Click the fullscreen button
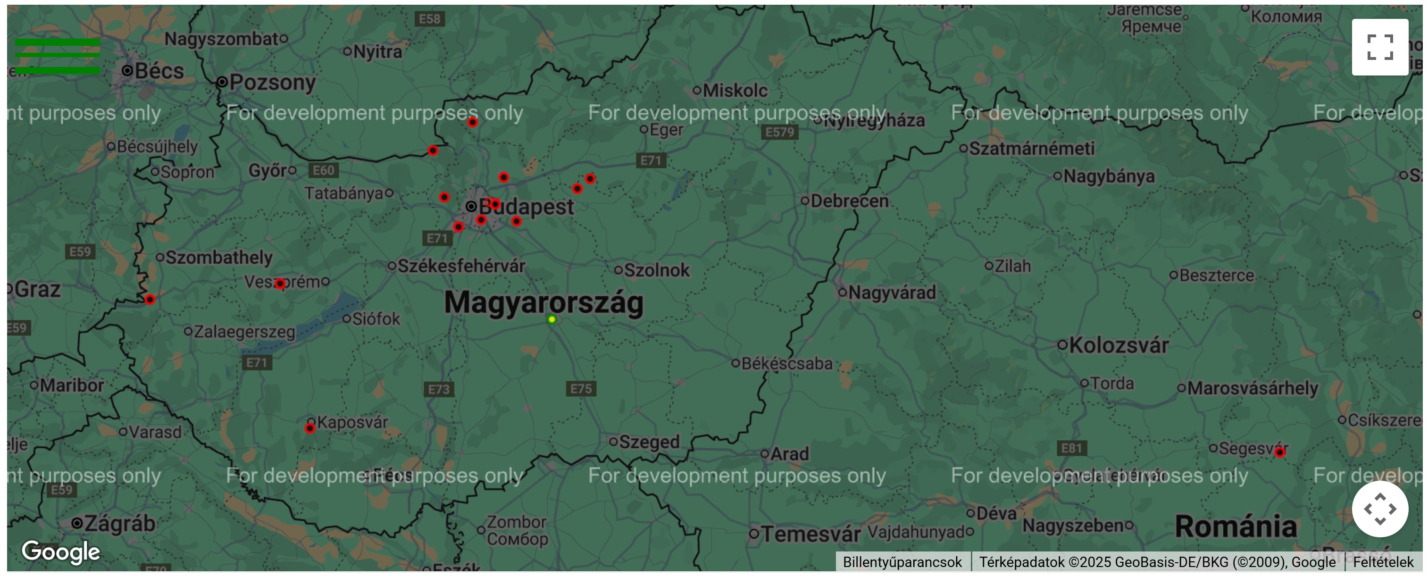tap(1379, 47)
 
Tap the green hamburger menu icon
tap(58, 56)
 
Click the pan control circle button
tap(1379, 509)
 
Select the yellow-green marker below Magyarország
tap(551, 319)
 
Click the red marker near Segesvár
tap(1279, 452)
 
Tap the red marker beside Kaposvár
tap(310, 428)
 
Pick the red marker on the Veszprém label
tap(280, 284)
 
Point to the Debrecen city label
tap(849, 200)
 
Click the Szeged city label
tap(649, 442)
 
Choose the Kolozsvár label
tap(1118, 345)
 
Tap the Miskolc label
tap(735, 91)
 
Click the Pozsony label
tap(272, 83)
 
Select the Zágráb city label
tap(119, 523)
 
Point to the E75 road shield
tap(581, 389)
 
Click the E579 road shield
tap(779, 132)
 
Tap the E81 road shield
tap(1071, 448)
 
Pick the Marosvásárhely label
tap(1252, 388)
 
